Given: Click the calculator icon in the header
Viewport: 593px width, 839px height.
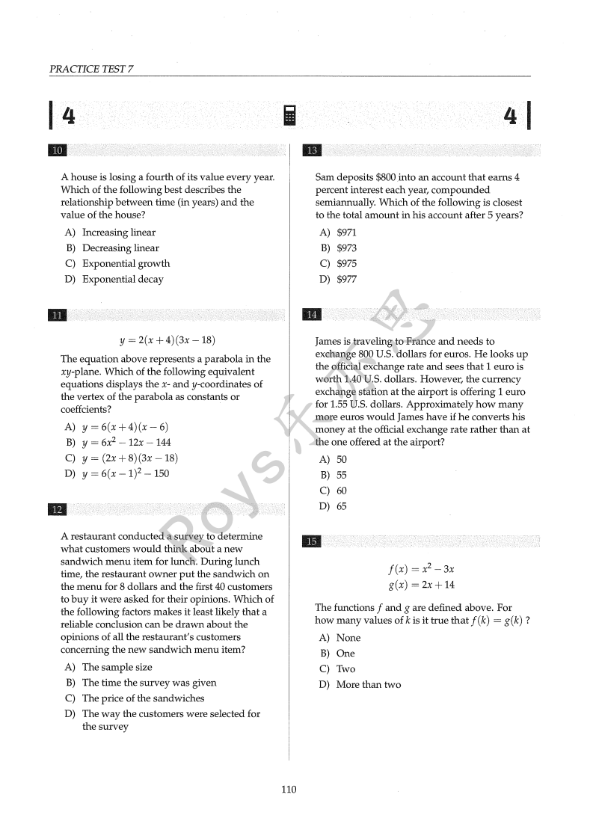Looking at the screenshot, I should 290,116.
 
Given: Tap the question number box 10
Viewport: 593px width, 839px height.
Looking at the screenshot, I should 57,151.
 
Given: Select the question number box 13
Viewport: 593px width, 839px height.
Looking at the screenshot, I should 312,151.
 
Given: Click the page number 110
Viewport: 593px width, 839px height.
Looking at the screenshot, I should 289,790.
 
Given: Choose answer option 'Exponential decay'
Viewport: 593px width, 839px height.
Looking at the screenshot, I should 123,280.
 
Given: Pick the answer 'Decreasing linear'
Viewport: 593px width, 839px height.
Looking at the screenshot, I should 120,248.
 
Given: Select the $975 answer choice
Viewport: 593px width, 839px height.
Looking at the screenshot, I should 346,264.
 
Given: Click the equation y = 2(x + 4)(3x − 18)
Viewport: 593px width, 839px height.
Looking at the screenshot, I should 168,340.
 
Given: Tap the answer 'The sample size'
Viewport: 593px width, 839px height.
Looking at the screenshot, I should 117,667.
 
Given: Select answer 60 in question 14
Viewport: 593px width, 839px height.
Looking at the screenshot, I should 341,491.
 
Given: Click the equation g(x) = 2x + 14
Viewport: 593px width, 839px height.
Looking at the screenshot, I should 421,585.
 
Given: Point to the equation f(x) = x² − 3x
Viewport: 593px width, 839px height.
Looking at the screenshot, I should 421,569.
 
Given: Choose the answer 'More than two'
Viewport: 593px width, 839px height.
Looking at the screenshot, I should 368,685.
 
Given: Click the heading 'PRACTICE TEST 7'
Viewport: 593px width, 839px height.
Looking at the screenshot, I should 92,70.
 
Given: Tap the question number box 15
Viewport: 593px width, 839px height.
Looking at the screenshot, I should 312,541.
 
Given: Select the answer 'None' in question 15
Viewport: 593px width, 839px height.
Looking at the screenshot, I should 348,638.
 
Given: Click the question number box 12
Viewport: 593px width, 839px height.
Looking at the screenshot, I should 57,509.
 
